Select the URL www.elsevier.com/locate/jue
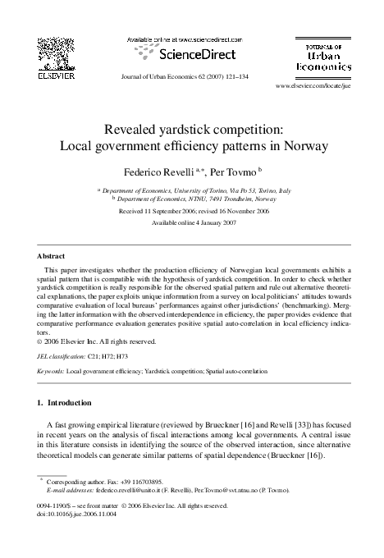click(x=313, y=85)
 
